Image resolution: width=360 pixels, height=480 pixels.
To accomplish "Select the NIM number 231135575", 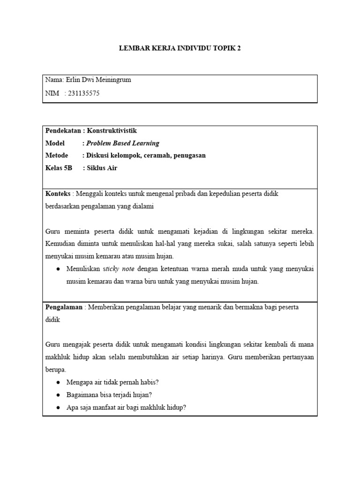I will (x=84, y=93).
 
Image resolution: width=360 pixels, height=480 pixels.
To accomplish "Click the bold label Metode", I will (x=57, y=155).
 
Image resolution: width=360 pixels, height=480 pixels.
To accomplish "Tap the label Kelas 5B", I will (x=59, y=167).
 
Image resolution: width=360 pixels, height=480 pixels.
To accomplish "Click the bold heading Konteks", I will (x=57, y=193).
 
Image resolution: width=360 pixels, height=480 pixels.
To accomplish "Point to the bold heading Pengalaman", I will (x=63, y=307).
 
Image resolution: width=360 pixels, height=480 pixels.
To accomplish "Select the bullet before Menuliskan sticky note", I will (x=57, y=270).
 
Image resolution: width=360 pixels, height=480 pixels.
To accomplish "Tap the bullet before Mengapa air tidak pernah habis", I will (x=57, y=382).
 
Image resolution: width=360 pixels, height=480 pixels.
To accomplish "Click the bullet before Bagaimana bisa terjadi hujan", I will (x=57, y=395).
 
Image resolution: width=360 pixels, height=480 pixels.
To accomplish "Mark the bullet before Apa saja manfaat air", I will (x=57, y=408).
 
